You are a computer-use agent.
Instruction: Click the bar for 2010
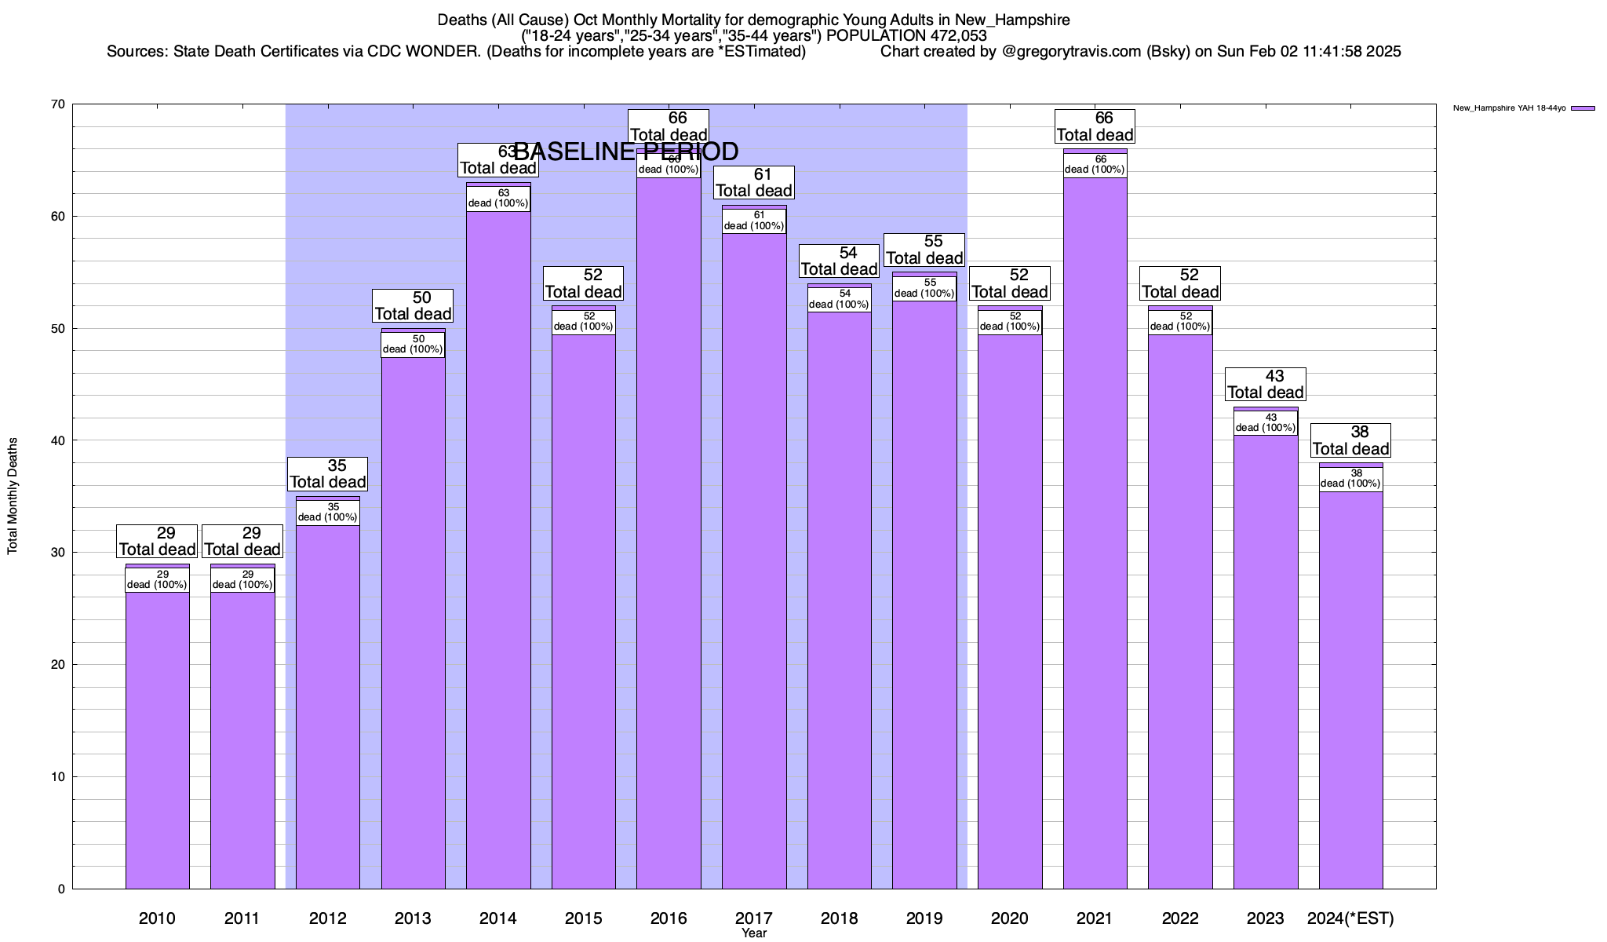click(157, 738)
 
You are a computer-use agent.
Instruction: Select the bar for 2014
click(498, 549)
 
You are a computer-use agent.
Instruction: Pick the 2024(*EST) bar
click(1350, 691)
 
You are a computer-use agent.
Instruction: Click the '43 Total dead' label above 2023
click(1265, 384)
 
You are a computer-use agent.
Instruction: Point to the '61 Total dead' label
click(754, 182)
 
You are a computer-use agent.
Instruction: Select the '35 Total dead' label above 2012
click(328, 473)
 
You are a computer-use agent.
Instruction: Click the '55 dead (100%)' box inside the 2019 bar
click(924, 288)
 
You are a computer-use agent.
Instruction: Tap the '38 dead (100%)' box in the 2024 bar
click(1350, 479)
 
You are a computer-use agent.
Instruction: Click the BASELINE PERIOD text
click(625, 152)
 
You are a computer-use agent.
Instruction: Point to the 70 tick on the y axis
click(56, 104)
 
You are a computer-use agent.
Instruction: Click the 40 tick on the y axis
click(56, 440)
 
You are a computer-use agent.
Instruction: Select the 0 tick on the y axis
click(60, 889)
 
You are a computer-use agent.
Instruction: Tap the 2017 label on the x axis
click(754, 918)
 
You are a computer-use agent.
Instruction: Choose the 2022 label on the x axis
click(1180, 918)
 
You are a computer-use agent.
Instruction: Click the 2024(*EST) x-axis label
click(1350, 918)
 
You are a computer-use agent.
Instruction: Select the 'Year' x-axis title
click(754, 933)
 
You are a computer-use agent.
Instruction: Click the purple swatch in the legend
click(1583, 108)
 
